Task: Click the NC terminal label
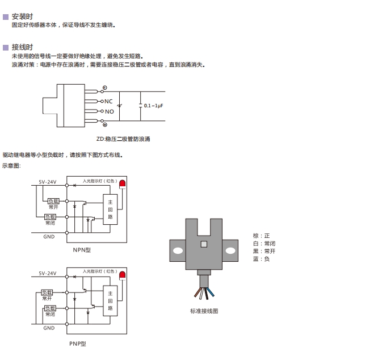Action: (x=108, y=102)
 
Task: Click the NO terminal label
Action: (x=109, y=111)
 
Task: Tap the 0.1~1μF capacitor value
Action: (x=153, y=106)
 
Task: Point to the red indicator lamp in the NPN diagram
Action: (x=123, y=184)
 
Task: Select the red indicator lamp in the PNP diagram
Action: (x=123, y=275)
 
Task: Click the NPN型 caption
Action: (x=82, y=250)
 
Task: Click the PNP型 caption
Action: (x=78, y=344)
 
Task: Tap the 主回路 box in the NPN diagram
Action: (x=110, y=210)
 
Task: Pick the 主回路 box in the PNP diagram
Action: (x=110, y=301)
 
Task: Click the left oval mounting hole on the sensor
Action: (x=178, y=250)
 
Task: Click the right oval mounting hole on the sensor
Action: (x=230, y=250)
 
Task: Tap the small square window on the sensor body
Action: (x=204, y=244)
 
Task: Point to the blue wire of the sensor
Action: (x=211, y=292)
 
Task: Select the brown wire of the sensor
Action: (x=197, y=292)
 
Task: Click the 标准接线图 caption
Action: (x=204, y=311)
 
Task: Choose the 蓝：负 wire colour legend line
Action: (x=261, y=259)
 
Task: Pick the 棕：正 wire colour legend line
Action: (x=261, y=236)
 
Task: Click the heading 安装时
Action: (x=22, y=16)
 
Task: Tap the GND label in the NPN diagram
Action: (x=49, y=237)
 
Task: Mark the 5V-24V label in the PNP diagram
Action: (x=48, y=273)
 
